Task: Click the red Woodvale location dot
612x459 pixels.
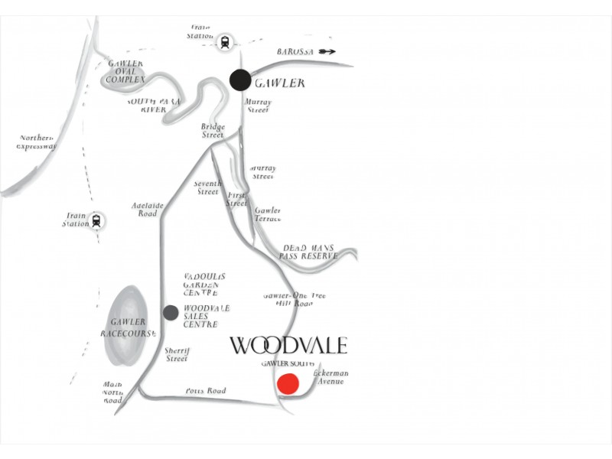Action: click(x=288, y=384)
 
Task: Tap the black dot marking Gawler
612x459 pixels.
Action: click(x=240, y=80)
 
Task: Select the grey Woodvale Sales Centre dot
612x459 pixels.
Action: click(x=171, y=312)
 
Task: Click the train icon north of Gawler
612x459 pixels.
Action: click(x=225, y=43)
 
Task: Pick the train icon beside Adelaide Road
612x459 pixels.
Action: click(x=96, y=221)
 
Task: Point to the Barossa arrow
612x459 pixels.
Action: click(x=327, y=51)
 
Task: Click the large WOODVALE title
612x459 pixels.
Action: click(x=288, y=345)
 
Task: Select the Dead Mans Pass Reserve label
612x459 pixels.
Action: click(x=309, y=252)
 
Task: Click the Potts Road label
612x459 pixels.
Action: click(x=206, y=391)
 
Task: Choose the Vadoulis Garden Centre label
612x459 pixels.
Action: click(x=204, y=285)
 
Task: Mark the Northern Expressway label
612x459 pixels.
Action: click(x=37, y=142)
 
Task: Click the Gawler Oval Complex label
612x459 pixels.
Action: click(x=125, y=71)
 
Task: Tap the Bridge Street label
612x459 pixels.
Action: click(x=212, y=131)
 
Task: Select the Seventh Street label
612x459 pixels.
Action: click(x=207, y=187)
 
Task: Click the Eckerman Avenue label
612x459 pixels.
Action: click(x=330, y=377)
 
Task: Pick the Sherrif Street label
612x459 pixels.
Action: click(x=177, y=354)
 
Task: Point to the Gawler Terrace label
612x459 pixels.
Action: click(x=268, y=214)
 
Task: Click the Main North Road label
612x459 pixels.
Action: click(x=112, y=392)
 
